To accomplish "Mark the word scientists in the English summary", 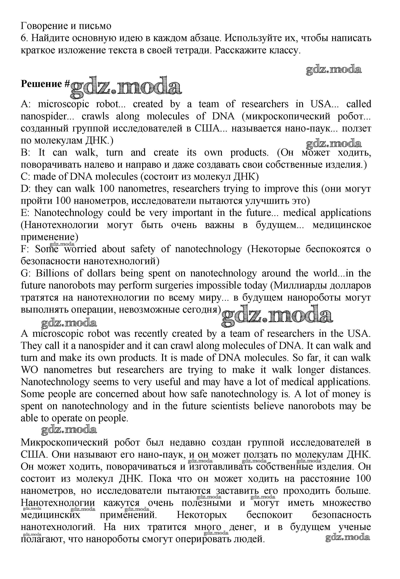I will [230, 406].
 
